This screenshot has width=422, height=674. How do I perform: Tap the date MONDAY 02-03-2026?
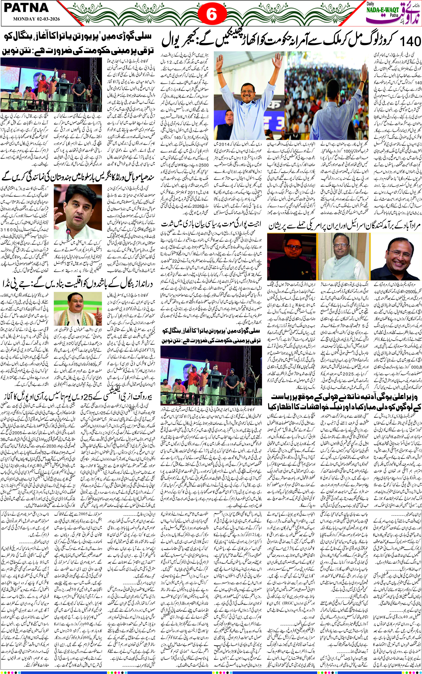tap(36, 20)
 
